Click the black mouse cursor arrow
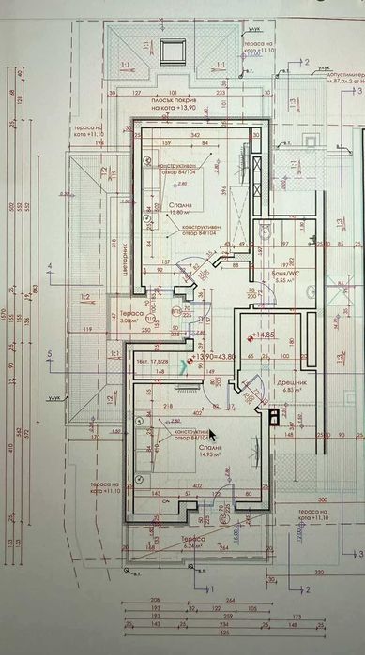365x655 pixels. click(212, 434)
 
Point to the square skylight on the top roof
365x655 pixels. click(170, 50)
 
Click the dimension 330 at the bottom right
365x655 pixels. click(317, 570)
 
